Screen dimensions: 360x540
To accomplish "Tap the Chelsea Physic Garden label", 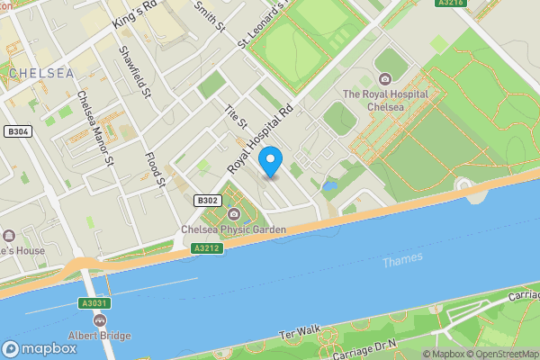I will click(x=234, y=229).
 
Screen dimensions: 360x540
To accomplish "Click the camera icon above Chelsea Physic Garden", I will click(x=234, y=213).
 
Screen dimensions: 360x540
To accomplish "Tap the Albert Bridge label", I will click(x=99, y=336).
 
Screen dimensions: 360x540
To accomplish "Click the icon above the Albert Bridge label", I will click(x=99, y=320).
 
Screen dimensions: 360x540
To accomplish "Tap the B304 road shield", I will click(x=17, y=131).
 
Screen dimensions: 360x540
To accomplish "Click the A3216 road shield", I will click(x=450, y=4).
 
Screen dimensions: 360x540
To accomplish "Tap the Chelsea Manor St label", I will click(x=94, y=129).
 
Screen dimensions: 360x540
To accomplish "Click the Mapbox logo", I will click(x=40, y=348).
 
